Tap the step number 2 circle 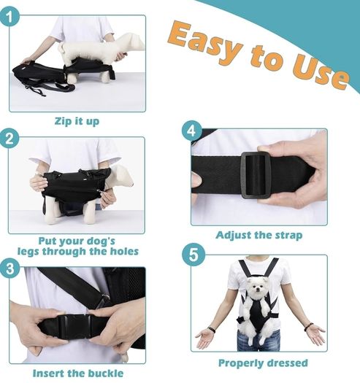9,139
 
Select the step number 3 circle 9,269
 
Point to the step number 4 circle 192,131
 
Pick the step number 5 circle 194,255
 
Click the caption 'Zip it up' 77,121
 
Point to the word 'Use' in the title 321,72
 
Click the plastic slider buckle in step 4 256,175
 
